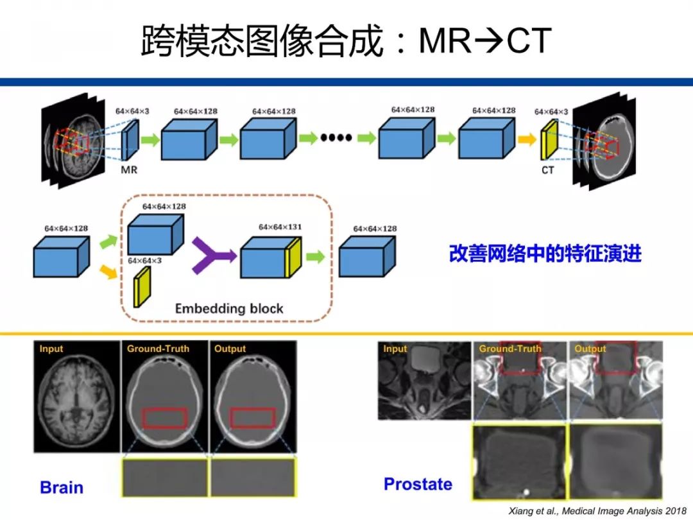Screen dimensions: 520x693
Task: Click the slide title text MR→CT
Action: coord(484,41)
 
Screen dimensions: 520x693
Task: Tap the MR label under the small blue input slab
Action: coord(130,170)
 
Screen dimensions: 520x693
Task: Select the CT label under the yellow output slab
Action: coord(547,170)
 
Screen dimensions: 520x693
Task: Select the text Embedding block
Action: coord(229,308)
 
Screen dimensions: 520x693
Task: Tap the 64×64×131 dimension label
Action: coord(280,227)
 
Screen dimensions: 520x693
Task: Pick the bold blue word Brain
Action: coord(62,487)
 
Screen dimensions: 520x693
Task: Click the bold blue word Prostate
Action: coord(418,484)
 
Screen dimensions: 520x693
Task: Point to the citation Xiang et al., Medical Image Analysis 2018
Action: coord(597,510)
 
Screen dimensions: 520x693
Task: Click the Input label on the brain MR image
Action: coord(51,349)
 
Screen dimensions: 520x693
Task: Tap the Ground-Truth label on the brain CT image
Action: coord(158,349)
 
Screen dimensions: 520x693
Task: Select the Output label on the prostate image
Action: coord(590,349)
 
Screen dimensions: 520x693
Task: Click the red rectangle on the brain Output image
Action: coord(253,417)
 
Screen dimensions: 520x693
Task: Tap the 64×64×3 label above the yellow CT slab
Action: coord(551,112)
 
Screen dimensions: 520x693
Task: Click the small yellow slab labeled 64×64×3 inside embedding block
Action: coord(142,286)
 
